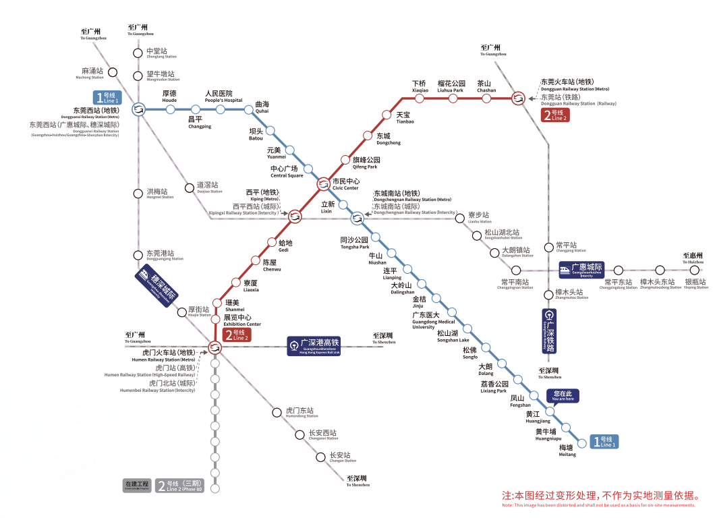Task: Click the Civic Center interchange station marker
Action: click(x=323, y=183)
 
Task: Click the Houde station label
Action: click(x=169, y=96)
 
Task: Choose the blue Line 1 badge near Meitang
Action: click(x=604, y=442)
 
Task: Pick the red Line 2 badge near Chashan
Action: click(x=555, y=115)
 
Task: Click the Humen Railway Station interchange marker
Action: click(x=215, y=347)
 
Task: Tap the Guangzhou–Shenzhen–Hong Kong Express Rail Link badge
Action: click(x=314, y=345)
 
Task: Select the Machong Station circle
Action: click(x=113, y=72)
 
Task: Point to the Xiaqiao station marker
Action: click(x=420, y=98)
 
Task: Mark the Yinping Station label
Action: click(x=695, y=284)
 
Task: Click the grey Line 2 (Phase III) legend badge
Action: click(x=179, y=486)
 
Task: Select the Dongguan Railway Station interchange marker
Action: click(x=518, y=98)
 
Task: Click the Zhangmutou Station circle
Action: click(x=548, y=294)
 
